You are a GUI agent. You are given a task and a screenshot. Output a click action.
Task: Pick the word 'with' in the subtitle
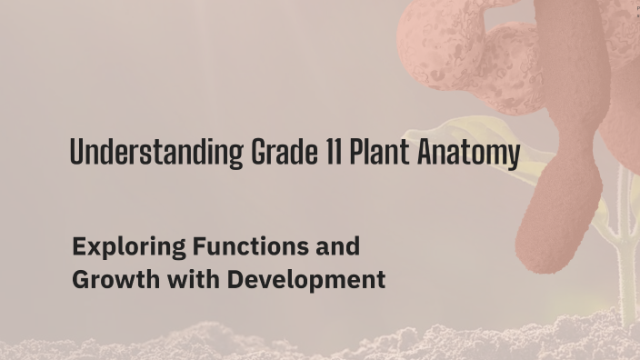(x=188, y=280)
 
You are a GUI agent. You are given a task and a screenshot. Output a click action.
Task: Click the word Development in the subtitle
(x=306, y=280)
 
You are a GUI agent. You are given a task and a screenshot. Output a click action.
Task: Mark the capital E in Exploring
(x=79, y=246)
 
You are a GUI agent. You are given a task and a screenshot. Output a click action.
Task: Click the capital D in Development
(x=235, y=280)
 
